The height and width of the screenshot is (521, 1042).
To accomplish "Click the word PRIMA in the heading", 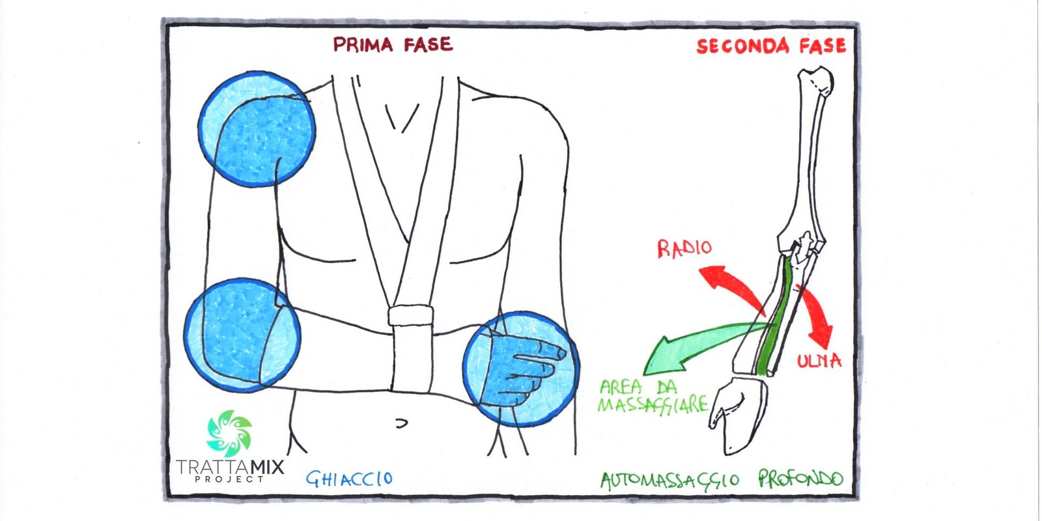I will tap(363, 44).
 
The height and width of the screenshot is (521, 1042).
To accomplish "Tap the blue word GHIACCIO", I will tap(350, 479).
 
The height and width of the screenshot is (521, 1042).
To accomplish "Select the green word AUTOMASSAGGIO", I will tap(669, 481).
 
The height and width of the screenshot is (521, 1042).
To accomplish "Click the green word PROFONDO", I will tap(800, 480).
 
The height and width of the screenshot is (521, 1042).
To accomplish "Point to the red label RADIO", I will tap(684, 249).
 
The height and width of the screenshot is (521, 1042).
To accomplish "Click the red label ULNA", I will tap(819, 360).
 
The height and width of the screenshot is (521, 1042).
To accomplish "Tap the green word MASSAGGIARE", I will tap(652, 404).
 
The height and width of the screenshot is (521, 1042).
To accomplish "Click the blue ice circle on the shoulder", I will tap(257, 129).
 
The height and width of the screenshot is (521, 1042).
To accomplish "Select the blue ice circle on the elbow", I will tap(242, 335).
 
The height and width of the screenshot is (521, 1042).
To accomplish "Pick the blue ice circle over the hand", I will tap(520, 369).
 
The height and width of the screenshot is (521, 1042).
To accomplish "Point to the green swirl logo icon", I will tap(229, 432).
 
